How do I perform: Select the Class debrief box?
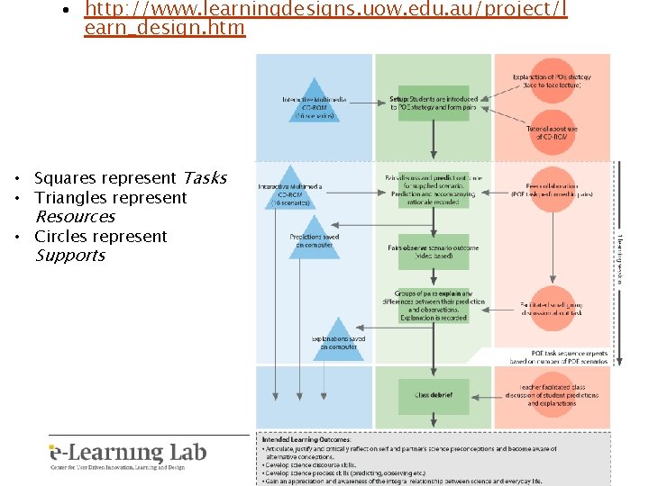[434, 394]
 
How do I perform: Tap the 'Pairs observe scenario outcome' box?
[434, 251]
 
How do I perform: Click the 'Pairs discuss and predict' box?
[434, 189]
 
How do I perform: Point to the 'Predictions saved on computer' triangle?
[314, 238]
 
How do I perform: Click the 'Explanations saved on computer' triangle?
[337, 340]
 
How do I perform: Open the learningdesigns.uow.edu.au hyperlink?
[324, 18]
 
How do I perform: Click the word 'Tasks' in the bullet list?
[204, 178]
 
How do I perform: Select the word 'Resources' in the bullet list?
[75, 217]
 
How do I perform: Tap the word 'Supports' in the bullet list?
[69, 256]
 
